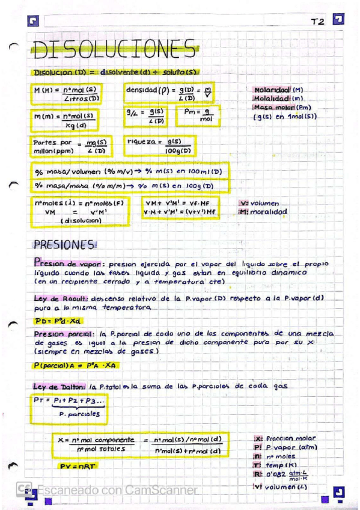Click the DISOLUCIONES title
pyautogui.click(x=114, y=49)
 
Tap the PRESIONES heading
pyautogui.click(x=64, y=245)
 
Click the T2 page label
pyautogui.click(x=317, y=22)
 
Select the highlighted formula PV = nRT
pyautogui.click(x=78, y=466)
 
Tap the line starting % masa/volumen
pyautogui.click(x=128, y=172)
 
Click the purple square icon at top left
pyautogui.click(x=33, y=22)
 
